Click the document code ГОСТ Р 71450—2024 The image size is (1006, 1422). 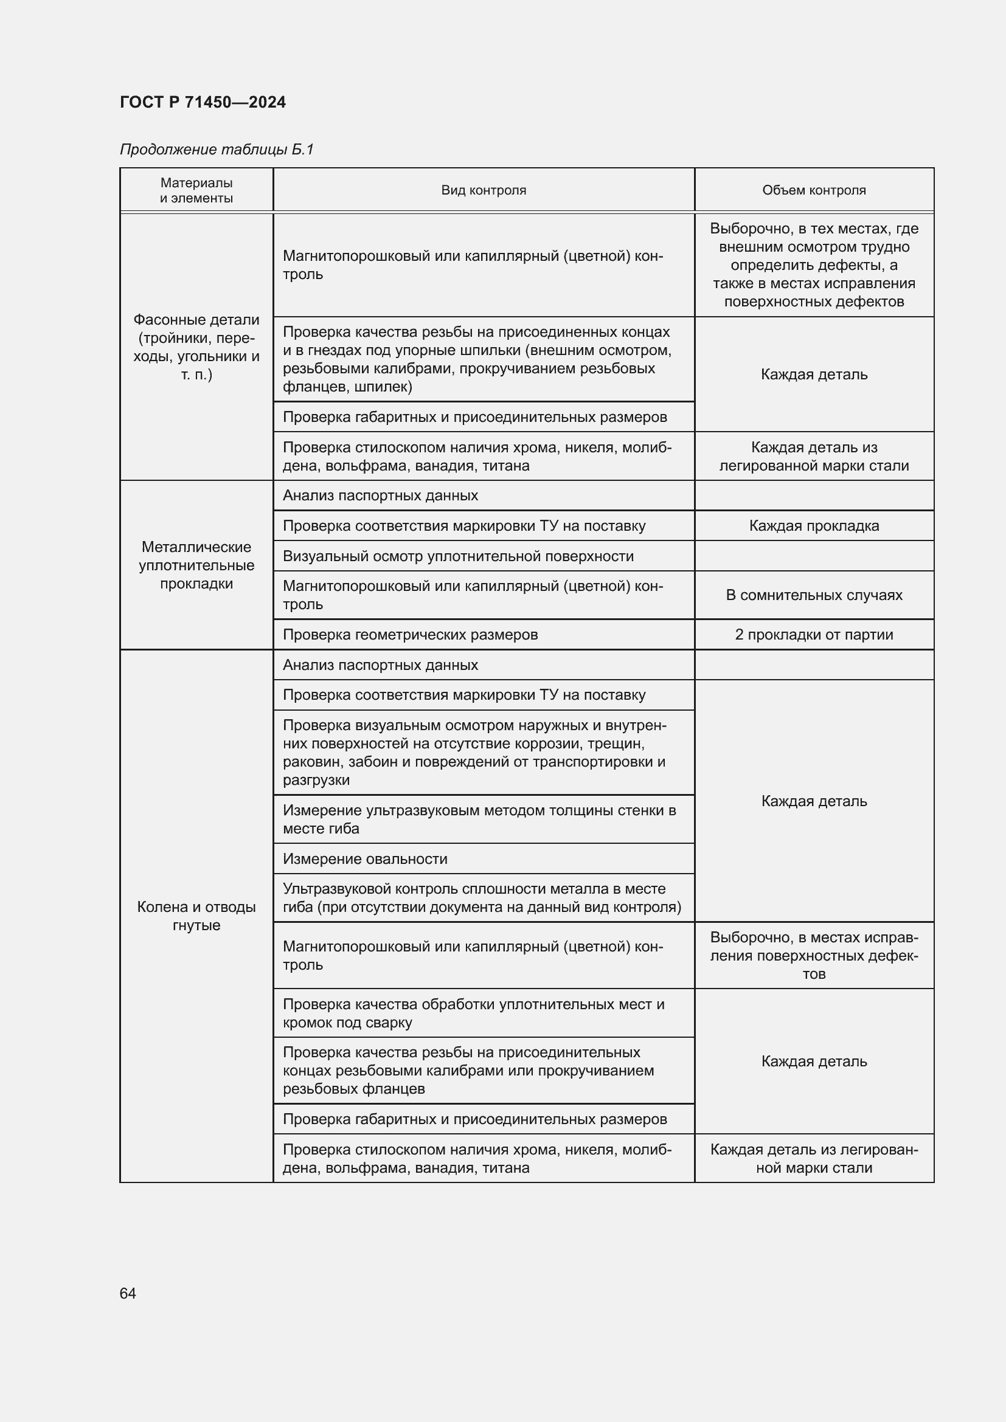(203, 102)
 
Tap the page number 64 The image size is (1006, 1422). (128, 1293)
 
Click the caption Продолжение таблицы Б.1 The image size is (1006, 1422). (217, 150)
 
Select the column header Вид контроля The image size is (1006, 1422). (483, 190)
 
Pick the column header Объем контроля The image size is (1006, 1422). (813, 190)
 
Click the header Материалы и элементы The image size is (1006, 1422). (196, 190)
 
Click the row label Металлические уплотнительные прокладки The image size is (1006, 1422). (196, 565)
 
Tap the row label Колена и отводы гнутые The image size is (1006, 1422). (196, 916)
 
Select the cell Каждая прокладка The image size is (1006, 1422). (813, 526)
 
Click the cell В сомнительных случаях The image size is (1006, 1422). (813, 595)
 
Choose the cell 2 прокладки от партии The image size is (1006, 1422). (813, 634)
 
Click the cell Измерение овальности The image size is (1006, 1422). (365, 858)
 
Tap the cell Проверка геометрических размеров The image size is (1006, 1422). (410, 634)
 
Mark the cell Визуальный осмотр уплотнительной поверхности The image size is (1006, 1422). (458, 556)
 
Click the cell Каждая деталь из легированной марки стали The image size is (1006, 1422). (813, 457)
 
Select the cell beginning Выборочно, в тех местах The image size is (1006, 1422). (813, 265)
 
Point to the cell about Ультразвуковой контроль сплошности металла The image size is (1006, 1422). (482, 897)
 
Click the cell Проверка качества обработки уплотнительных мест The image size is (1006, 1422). (473, 1013)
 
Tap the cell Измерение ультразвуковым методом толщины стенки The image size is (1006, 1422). (479, 819)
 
